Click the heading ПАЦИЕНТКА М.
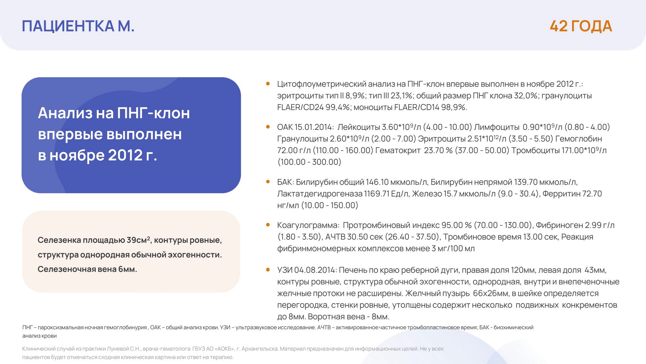coord(78,26)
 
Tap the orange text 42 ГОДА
coord(581,26)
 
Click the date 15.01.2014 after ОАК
coord(313,127)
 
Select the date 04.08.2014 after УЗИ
coord(315,270)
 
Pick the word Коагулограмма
coord(308,225)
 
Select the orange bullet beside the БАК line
coord(268,182)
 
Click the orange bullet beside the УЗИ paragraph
coord(268,270)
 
